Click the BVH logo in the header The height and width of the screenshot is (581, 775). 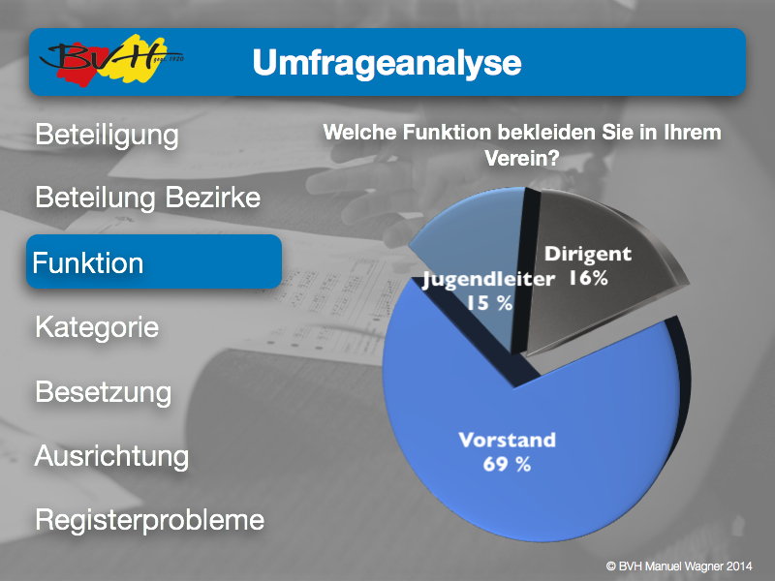[x=111, y=60]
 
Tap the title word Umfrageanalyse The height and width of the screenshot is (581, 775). [x=387, y=63]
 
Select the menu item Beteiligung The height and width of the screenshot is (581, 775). [x=107, y=135]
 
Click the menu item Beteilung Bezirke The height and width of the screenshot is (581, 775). [x=148, y=198]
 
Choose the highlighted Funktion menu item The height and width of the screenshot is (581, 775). [x=154, y=261]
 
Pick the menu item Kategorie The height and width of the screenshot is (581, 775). [x=97, y=327]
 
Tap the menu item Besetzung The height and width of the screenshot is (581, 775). [x=104, y=392]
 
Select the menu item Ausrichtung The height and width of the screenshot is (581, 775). [x=111, y=456]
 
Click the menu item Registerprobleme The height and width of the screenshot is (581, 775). [x=150, y=520]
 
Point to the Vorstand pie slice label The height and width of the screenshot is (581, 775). [x=507, y=440]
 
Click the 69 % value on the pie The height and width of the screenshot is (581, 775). [x=507, y=464]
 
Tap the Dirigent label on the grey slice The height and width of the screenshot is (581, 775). [x=588, y=254]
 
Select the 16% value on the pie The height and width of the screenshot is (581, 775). [x=588, y=278]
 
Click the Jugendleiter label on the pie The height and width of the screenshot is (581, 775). [x=489, y=279]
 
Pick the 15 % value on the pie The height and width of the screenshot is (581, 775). [x=489, y=303]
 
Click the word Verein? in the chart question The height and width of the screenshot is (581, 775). [x=522, y=158]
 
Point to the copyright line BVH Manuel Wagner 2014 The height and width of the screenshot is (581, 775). [x=679, y=566]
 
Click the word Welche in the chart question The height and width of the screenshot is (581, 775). [x=359, y=133]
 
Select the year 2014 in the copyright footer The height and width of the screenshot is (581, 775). [x=739, y=566]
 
